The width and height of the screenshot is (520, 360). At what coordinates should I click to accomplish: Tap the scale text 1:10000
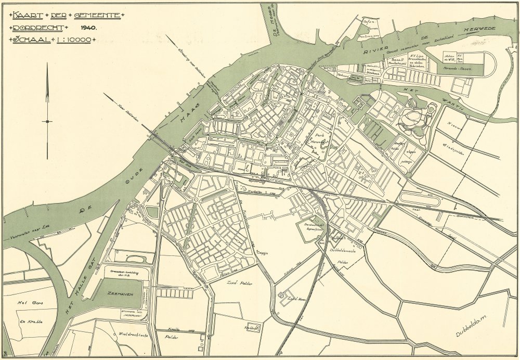click(72, 40)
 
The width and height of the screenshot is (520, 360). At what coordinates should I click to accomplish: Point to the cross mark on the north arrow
click(47, 121)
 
